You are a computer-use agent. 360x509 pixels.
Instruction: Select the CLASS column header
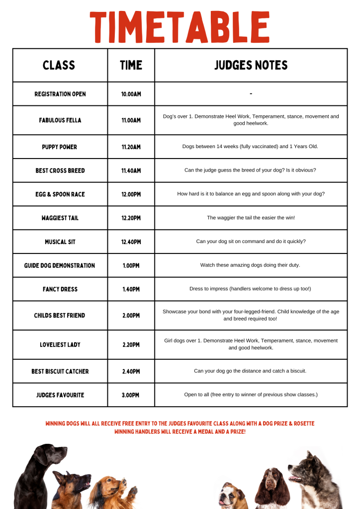click(59, 65)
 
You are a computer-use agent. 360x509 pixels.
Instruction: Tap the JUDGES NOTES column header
click(251, 65)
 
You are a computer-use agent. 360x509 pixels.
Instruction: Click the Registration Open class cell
click(60, 94)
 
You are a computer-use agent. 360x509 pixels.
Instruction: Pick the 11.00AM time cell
click(131, 120)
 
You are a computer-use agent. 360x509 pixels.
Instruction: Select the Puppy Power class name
click(60, 147)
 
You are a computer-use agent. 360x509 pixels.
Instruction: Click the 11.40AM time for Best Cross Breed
click(131, 170)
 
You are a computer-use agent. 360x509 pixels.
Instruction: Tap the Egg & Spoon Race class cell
click(60, 194)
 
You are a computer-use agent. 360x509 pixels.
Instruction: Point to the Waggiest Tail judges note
click(251, 218)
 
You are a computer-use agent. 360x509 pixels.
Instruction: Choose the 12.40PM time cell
click(131, 242)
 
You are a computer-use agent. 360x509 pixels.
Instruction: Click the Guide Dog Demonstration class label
click(60, 265)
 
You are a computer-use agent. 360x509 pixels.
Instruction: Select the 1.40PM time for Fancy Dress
click(131, 289)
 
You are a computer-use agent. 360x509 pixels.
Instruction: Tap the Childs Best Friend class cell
click(60, 316)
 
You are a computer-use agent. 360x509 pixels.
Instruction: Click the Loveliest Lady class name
click(60, 345)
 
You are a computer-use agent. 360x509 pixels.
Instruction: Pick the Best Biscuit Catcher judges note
click(251, 371)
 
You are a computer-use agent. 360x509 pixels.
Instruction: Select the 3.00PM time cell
click(131, 395)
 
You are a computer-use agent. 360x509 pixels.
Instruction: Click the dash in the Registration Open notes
click(251, 94)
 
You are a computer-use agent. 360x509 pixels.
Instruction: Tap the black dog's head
click(47, 455)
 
